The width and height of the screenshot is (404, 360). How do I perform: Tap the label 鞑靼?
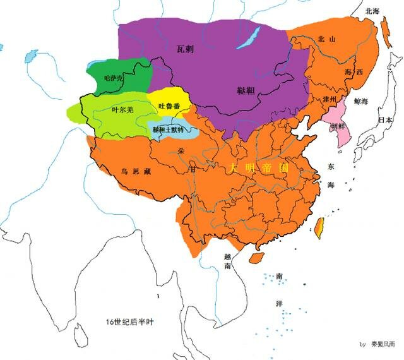click(x=239, y=89)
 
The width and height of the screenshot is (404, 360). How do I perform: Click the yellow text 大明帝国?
click(x=258, y=168)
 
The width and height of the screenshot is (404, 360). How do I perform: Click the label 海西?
click(x=355, y=73)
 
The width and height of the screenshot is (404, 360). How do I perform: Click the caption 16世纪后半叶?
click(x=129, y=322)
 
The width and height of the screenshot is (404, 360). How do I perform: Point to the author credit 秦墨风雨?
click(x=385, y=344)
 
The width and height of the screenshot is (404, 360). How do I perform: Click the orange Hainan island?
click(x=256, y=258)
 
